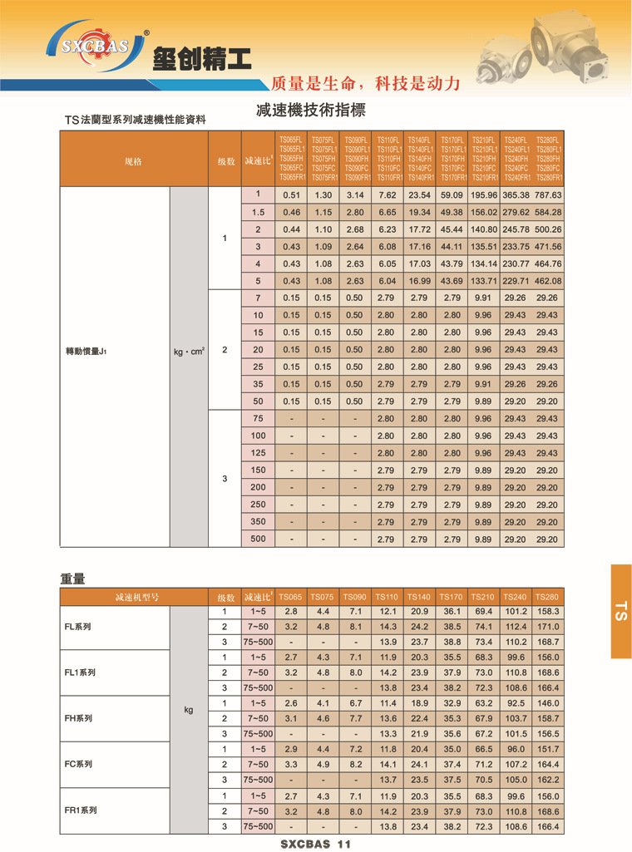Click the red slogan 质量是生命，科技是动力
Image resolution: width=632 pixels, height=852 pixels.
pyautogui.click(x=366, y=84)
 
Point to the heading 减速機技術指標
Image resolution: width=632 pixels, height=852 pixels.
pyautogui.click(x=311, y=111)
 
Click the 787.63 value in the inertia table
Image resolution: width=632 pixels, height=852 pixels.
pyautogui.click(x=548, y=195)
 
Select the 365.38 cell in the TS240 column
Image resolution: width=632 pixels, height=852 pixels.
pyautogui.click(x=516, y=195)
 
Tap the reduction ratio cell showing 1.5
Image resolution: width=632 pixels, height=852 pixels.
pyautogui.click(x=258, y=212)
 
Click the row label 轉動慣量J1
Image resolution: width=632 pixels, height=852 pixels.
pyautogui.click(x=86, y=351)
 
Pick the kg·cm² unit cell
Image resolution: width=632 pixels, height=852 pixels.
pyautogui.click(x=189, y=351)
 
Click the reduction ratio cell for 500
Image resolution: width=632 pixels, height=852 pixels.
pyautogui.click(x=258, y=539)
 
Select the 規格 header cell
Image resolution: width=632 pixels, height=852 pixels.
pyautogui.click(x=133, y=160)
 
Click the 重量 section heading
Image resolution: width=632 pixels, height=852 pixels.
pyautogui.click(x=72, y=579)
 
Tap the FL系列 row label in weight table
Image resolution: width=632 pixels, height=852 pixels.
pyautogui.click(x=79, y=627)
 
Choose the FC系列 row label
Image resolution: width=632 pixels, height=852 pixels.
pyautogui.click(x=79, y=764)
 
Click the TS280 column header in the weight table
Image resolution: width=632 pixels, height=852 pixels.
pyautogui.click(x=547, y=597)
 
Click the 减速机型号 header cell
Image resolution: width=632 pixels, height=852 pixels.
pyautogui.click(x=133, y=597)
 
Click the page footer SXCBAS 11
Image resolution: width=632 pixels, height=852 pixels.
pyautogui.click(x=316, y=844)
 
